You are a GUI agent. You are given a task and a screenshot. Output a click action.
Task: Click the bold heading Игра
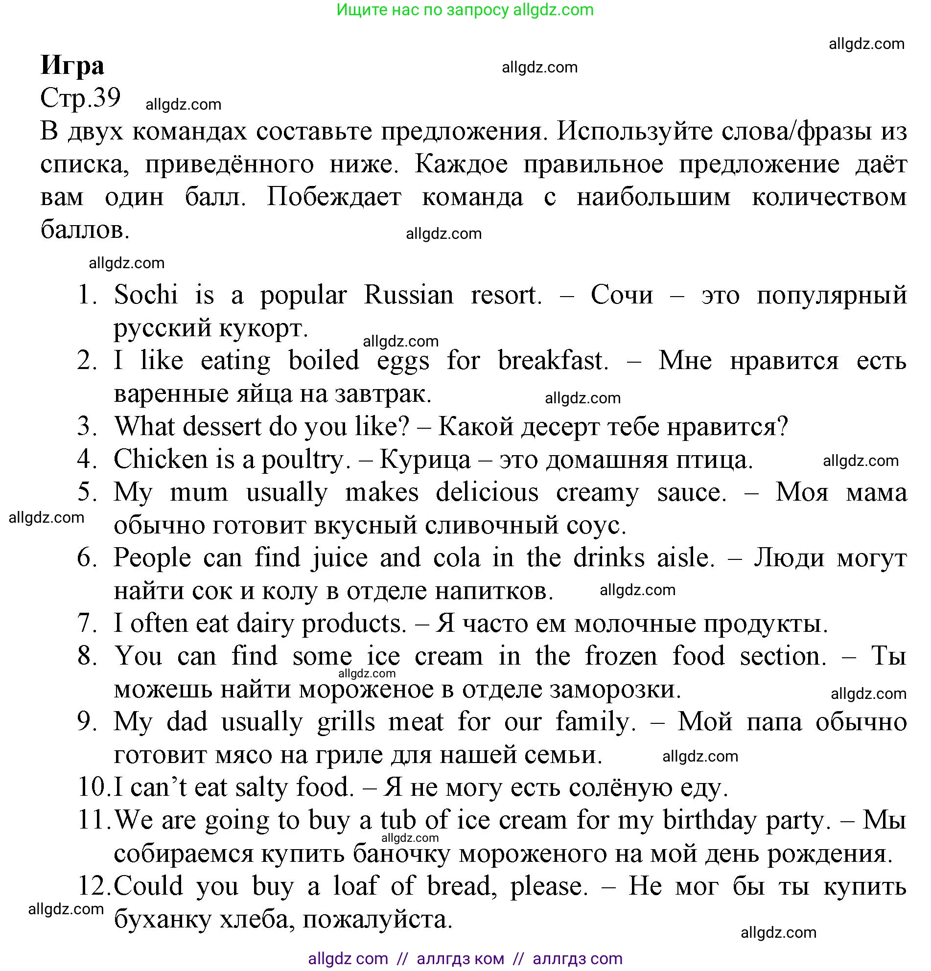click(x=72, y=66)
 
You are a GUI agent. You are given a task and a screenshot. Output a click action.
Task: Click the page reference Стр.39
click(x=80, y=97)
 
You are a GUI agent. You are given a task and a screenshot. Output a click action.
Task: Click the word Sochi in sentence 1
click(x=146, y=295)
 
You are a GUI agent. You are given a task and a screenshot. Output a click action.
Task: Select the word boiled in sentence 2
click(x=324, y=360)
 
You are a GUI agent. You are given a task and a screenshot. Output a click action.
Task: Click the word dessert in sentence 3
click(x=221, y=426)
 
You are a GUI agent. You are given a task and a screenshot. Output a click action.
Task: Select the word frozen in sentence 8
click(x=621, y=656)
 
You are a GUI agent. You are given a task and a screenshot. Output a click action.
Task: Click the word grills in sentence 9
click(x=346, y=721)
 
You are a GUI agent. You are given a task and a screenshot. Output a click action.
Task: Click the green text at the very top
click(x=465, y=10)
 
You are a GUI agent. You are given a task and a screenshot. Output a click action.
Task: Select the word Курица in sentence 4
click(x=424, y=459)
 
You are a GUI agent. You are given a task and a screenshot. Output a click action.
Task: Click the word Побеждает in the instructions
click(x=333, y=197)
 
